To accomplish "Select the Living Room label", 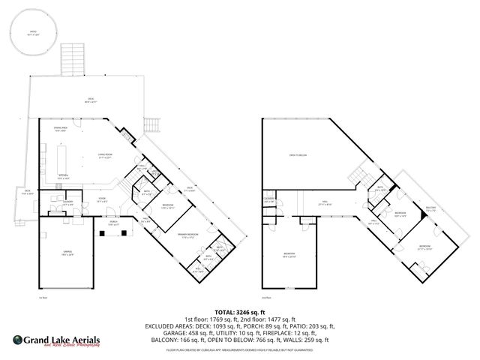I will pyautogui.click(x=104, y=156).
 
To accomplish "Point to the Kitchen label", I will pyautogui.click(x=64, y=178).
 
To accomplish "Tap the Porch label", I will pyautogui.click(x=113, y=223).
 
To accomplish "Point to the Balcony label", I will pyautogui.click(x=430, y=208).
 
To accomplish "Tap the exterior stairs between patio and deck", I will pyautogui.click(x=72, y=58).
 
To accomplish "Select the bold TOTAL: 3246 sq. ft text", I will pyautogui.click(x=240, y=313).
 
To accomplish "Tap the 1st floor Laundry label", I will pyautogui.click(x=67, y=203).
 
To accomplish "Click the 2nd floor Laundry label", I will pyautogui.click(x=268, y=199).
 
